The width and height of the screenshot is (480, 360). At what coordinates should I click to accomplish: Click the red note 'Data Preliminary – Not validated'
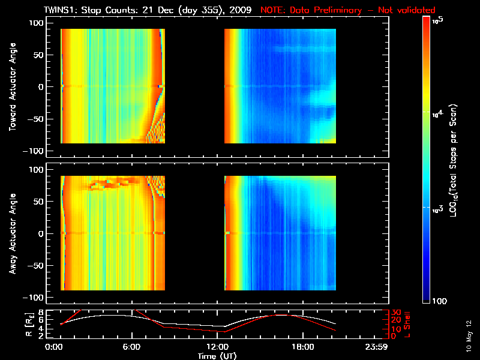coord(348,10)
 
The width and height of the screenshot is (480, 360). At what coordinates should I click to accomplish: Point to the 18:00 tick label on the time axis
coord(302,347)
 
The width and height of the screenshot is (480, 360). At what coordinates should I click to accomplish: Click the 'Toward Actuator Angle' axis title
coord(12,87)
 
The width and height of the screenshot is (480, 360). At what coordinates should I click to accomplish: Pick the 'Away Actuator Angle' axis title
coord(12,233)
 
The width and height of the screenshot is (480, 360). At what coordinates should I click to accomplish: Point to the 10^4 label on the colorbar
coord(437,112)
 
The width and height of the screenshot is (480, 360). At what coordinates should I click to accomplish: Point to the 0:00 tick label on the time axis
coord(54,347)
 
